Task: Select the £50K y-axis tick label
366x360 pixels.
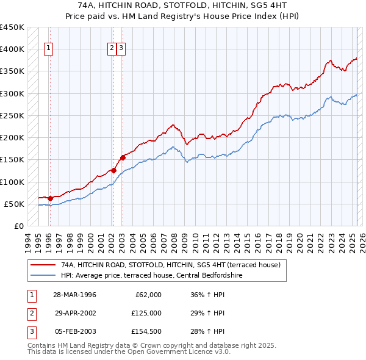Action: click(15, 204)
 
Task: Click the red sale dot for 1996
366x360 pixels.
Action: click(50, 198)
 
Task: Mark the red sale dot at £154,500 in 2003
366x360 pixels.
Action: click(123, 157)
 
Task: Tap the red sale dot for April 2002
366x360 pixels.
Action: click(113, 171)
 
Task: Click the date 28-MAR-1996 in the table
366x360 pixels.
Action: click(74, 295)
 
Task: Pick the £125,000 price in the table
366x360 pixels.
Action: click(146, 313)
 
